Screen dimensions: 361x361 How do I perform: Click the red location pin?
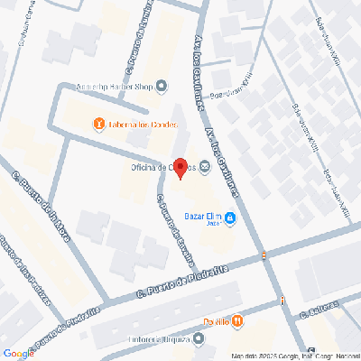click(180, 169)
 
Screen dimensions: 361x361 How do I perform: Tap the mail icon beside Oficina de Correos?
click(205, 165)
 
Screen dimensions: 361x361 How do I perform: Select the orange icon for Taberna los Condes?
click(98, 125)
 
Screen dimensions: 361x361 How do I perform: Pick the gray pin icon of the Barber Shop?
click(162, 88)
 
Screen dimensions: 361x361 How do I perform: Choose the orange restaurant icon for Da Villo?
click(236, 320)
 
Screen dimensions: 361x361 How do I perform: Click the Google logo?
click(18, 353)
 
